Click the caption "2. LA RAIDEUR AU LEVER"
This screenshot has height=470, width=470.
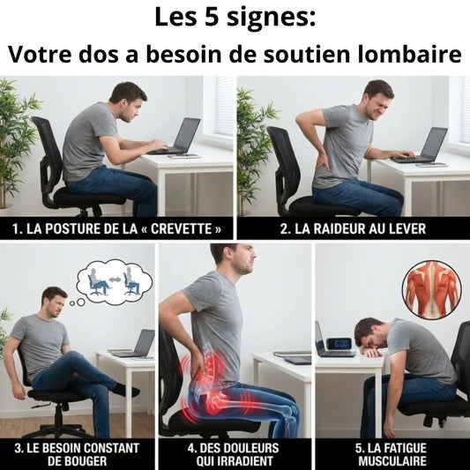[x=353, y=229]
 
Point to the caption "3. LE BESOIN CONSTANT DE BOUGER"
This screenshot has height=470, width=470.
[x=78, y=454]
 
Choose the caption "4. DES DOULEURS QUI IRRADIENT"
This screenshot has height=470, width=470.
[x=235, y=454]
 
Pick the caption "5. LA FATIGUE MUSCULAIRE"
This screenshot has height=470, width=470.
[x=392, y=454]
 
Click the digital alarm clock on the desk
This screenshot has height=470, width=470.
[x=339, y=343]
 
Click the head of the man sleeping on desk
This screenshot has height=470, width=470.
[x=370, y=334]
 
